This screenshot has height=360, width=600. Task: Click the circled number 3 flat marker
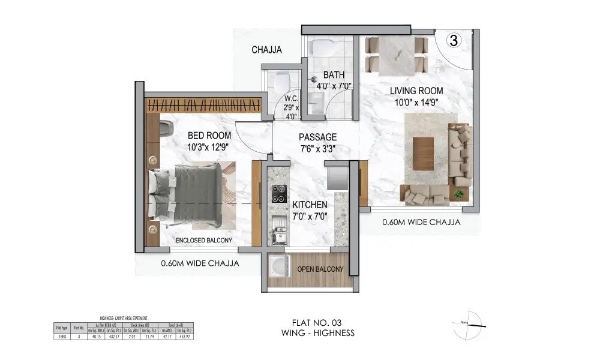[454, 41]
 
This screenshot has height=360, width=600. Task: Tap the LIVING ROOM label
[416, 91]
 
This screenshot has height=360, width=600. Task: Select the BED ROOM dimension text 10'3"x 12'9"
[209, 146]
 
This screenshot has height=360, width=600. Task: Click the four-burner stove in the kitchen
[279, 193]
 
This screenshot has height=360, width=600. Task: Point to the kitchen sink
[278, 229]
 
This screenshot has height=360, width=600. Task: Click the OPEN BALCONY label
[320, 269]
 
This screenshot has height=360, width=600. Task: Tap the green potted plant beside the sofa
[459, 194]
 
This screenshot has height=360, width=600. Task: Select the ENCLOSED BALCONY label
[204, 241]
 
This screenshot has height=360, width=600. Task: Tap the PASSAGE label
[318, 137]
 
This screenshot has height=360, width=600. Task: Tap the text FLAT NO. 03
[317, 323]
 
